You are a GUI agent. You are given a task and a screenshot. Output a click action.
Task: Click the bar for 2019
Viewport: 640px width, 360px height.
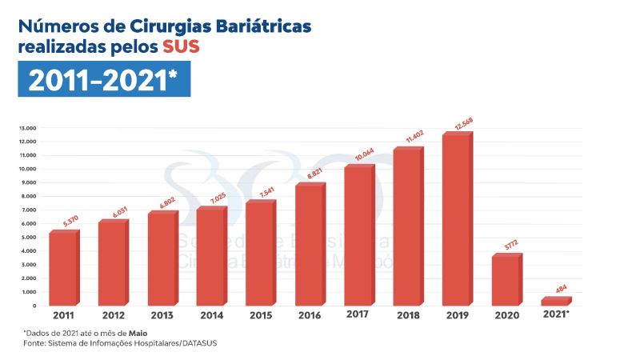click(x=456, y=220)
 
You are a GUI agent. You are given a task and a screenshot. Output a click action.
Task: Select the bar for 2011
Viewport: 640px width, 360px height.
click(x=62, y=269)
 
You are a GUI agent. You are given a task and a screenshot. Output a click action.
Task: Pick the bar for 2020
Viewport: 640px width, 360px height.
click(x=505, y=281)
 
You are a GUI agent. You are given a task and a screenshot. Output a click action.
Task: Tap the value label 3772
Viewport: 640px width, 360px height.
click(x=510, y=244)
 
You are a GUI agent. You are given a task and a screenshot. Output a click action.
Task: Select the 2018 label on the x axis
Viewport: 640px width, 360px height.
click(x=407, y=315)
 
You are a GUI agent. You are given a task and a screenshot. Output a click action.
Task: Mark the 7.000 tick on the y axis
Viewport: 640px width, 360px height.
click(x=28, y=210)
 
